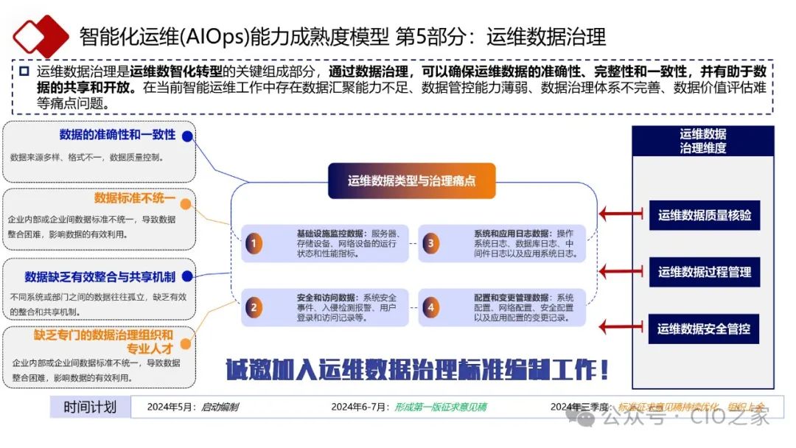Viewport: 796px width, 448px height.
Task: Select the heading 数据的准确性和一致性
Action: click(117, 135)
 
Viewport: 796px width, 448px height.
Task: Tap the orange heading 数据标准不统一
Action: click(134, 198)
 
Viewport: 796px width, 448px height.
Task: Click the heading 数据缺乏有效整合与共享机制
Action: click(99, 276)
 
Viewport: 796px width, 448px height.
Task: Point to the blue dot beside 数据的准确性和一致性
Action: click(187, 136)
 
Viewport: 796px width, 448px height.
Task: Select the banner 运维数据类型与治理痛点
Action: click(411, 181)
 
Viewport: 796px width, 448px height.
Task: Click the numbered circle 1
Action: click(254, 243)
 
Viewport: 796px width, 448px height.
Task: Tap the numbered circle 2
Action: click(254, 307)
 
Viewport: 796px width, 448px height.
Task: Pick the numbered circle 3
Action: click(430, 243)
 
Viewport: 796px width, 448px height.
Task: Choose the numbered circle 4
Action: click(430, 307)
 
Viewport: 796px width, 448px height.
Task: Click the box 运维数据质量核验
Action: click(704, 215)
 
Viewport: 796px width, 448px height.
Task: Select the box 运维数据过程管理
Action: click(704, 272)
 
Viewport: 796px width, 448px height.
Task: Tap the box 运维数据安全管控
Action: click(704, 329)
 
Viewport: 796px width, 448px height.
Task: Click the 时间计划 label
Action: click(90, 407)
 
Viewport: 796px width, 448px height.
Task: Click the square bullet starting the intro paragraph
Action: click(24, 71)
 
